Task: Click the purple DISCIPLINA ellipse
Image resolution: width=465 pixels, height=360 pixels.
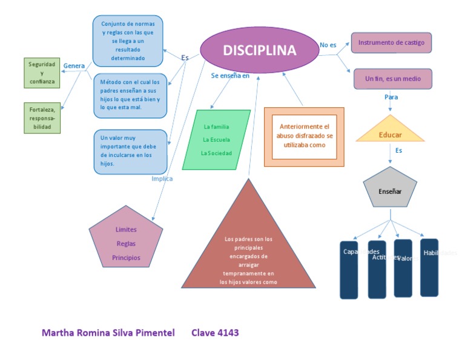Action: click(259, 51)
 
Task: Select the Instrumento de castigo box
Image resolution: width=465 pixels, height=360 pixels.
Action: click(391, 42)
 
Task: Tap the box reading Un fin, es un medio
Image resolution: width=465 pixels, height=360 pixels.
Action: click(392, 79)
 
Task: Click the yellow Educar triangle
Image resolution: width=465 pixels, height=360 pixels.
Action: click(391, 133)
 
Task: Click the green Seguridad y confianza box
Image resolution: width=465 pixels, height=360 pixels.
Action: click(42, 73)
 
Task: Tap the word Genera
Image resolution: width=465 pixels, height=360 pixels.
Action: click(74, 65)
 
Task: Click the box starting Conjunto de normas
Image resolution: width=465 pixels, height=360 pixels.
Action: click(128, 41)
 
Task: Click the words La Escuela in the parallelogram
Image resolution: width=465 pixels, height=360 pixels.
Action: click(216, 140)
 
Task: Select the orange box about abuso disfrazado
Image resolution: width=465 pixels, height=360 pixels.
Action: click(304, 136)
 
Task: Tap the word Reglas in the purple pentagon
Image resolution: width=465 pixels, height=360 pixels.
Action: click(126, 244)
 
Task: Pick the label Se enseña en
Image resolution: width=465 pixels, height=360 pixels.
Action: click(230, 76)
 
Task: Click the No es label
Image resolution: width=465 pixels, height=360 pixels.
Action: click(328, 45)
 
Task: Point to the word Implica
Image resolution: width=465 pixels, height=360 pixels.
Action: click(162, 179)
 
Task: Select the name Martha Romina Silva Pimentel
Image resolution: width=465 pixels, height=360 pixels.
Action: click(108, 333)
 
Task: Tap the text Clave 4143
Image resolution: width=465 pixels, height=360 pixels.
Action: click(215, 333)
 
